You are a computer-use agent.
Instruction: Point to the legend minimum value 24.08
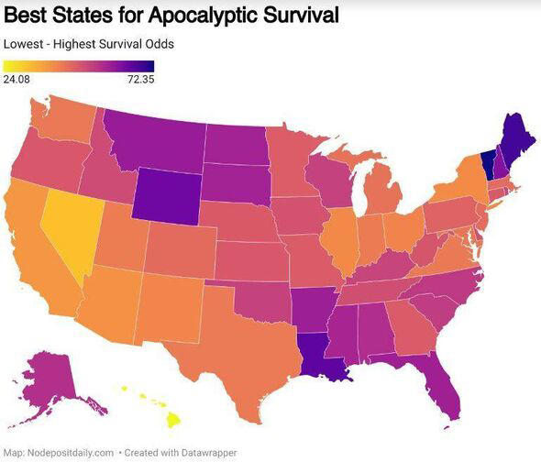[17, 79]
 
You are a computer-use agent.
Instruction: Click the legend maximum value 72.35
[138, 79]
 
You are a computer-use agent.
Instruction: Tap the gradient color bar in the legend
[78, 65]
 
